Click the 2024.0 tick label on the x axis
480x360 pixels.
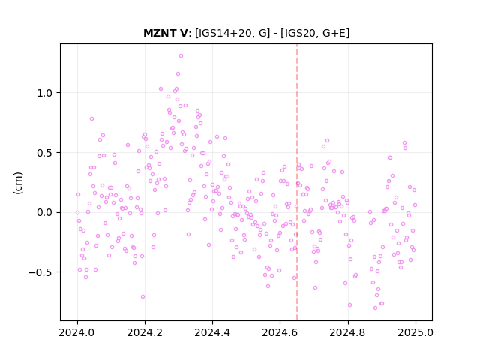click(77, 332)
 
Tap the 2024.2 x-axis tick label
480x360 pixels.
click(145, 332)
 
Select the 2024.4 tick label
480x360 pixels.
click(212, 332)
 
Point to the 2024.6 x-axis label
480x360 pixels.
click(280, 332)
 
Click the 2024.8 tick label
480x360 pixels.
click(348, 332)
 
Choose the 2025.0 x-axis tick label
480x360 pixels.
click(415, 332)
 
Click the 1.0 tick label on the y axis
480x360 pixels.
click(46, 93)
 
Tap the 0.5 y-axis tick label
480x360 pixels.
click(46, 153)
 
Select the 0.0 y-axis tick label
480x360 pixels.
click(46, 212)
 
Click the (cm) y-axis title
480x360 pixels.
click(18, 183)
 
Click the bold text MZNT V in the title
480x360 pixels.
click(166, 33)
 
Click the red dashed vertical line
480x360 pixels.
click(297, 182)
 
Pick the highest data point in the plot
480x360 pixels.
click(181, 56)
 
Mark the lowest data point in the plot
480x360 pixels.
click(375, 308)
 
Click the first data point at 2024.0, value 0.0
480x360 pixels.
click(77, 213)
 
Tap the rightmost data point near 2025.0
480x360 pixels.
click(415, 205)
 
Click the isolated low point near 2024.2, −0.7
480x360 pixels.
click(142, 297)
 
